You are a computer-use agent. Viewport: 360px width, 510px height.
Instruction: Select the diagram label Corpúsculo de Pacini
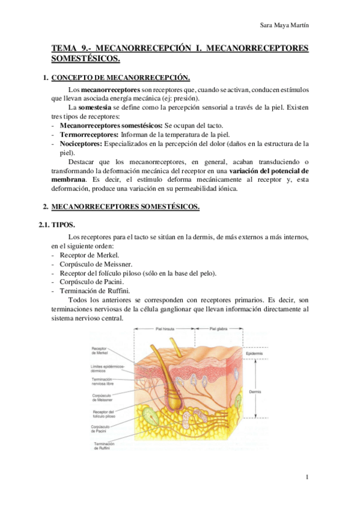(x=101, y=429)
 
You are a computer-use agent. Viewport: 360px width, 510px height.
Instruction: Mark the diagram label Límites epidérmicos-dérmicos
(x=104, y=368)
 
